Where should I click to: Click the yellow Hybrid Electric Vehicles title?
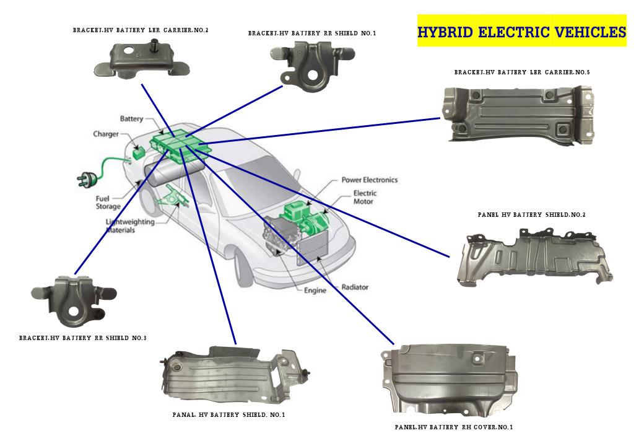521,32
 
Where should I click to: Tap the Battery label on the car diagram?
131,118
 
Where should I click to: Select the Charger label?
106,134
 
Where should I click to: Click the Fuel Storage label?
108,203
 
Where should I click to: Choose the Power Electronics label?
369,180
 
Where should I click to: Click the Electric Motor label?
365,197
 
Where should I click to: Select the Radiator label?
355,287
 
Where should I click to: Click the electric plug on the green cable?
85,179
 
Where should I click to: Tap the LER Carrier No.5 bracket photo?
517,115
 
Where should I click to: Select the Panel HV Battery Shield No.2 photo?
533,257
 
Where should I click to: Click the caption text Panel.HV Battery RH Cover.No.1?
453,427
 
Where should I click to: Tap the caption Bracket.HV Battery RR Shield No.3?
82,339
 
